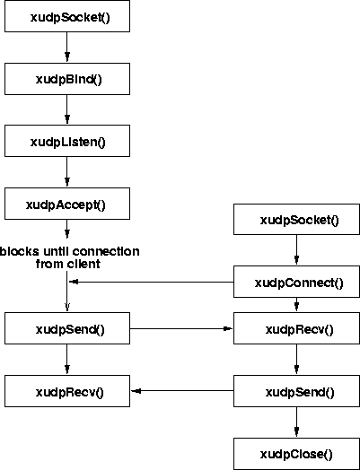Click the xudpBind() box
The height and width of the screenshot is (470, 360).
pyautogui.click(x=67, y=79)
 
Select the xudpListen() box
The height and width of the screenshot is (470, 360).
pyautogui.click(x=67, y=141)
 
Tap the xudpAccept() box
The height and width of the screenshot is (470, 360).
pyautogui.click(x=67, y=204)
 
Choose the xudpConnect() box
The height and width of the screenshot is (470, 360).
pyautogui.click(x=296, y=282)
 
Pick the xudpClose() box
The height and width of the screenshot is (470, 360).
pyautogui.click(x=296, y=454)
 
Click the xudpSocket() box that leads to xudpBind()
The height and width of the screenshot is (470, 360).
pyautogui.click(x=67, y=16)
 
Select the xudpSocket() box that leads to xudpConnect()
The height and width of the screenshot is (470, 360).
pyautogui.click(x=296, y=219)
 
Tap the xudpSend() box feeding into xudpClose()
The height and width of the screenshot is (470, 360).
pyautogui.click(x=296, y=391)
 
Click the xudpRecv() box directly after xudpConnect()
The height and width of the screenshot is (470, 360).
pyautogui.click(x=296, y=328)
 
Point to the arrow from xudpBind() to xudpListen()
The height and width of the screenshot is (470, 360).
pyautogui.click(x=67, y=109)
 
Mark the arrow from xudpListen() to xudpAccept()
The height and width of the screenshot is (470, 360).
pyautogui.click(x=67, y=172)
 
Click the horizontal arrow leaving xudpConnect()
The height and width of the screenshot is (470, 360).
pyautogui.click(x=152, y=282)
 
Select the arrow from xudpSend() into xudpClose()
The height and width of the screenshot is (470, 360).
pyautogui.click(x=296, y=422)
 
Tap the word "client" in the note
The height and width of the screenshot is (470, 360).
pyautogui.click(x=83, y=264)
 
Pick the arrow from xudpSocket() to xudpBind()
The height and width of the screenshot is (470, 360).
pyautogui.click(x=67, y=48)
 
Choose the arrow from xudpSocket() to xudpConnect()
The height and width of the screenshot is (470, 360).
pyautogui.click(x=296, y=250)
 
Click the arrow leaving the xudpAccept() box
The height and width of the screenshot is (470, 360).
pyautogui.click(x=67, y=230)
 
